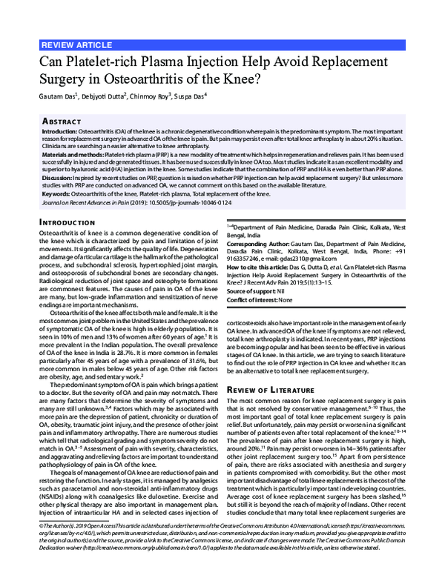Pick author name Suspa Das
(x=193, y=96)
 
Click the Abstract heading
(x=62, y=120)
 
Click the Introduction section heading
(x=70, y=222)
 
